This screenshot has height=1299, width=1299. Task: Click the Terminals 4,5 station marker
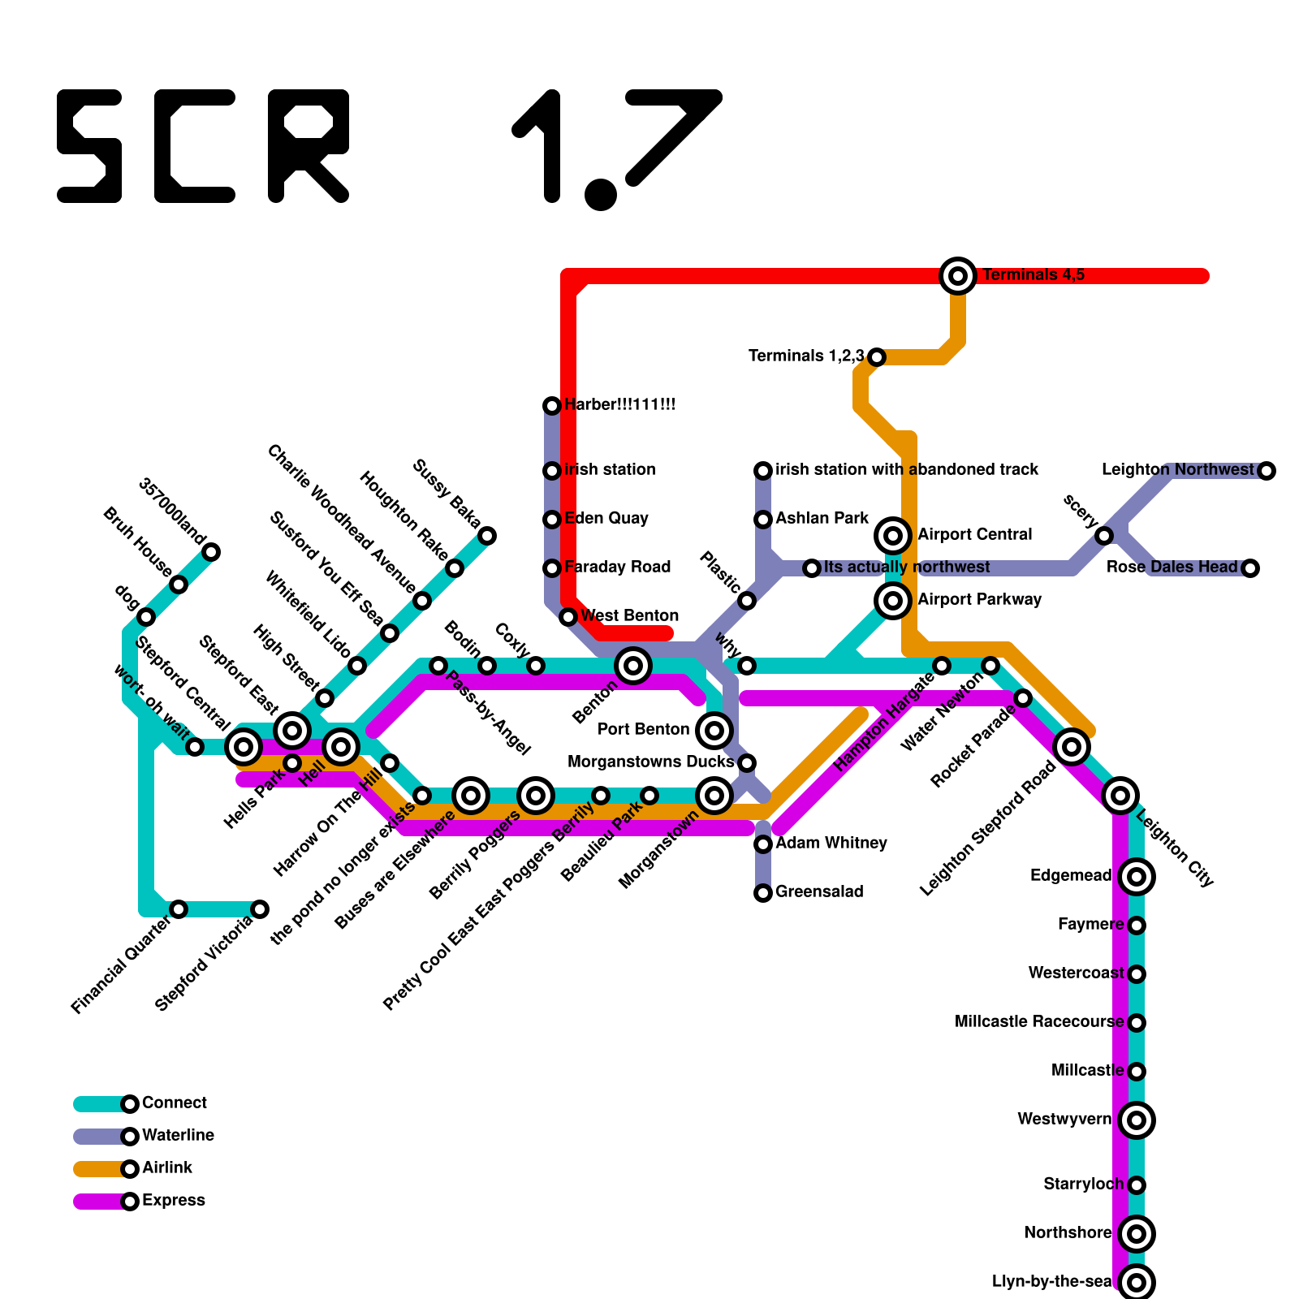tap(958, 276)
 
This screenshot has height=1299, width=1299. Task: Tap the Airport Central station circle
tap(893, 535)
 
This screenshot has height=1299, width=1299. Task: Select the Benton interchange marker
tap(633, 666)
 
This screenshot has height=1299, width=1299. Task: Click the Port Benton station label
tap(643, 730)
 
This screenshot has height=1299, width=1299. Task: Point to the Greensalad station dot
tap(763, 893)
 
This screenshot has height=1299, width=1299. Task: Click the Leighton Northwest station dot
tap(1267, 471)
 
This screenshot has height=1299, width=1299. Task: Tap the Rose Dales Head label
tap(1171, 568)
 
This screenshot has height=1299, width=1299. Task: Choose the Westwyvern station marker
tap(1137, 1120)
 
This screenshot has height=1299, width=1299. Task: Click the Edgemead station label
tap(1070, 876)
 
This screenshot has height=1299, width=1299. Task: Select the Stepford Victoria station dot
tap(260, 909)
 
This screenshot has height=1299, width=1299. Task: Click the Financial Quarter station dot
tap(179, 909)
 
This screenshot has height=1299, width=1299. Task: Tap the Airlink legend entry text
tap(167, 1168)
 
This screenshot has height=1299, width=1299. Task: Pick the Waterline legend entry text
tap(178, 1136)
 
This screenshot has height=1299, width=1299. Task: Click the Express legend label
tap(173, 1201)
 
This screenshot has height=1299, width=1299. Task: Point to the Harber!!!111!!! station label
tap(620, 405)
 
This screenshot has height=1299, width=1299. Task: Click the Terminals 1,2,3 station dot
tap(877, 356)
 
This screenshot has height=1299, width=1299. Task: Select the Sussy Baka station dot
tap(487, 536)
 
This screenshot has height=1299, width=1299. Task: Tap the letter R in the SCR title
tap(309, 146)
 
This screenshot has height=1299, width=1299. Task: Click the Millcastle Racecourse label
tap(1039, 1022)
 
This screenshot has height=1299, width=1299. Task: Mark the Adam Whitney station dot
tap(763, 844)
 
